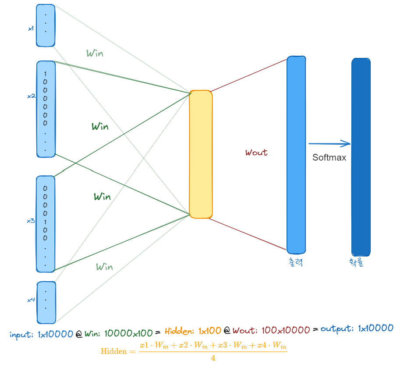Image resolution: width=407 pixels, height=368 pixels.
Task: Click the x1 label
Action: (31, 29)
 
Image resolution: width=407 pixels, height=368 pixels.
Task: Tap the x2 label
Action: (31, 96)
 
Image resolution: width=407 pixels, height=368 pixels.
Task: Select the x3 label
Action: (31, 221)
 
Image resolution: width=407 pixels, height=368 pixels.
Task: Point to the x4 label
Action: (31, 300)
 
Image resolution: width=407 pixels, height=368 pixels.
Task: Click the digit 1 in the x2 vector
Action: (45, 74)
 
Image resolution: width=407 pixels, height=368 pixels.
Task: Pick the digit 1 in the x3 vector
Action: (45, 222)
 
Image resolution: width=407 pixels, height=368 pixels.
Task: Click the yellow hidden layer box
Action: (201, 154)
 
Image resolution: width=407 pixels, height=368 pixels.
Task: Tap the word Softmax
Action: (329, 157)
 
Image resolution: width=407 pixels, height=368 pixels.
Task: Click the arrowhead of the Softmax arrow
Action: (347, 143)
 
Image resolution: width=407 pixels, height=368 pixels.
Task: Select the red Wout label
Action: (256, 152)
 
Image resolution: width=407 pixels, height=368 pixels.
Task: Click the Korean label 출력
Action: (296, 262)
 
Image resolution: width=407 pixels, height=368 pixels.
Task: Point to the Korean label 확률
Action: (356, 262)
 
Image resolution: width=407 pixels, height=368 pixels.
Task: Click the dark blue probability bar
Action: (361, 157)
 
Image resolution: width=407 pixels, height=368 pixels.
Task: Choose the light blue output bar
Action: (296, 155)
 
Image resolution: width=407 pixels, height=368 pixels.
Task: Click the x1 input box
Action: (46, 25)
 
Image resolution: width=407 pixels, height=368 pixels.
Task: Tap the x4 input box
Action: (46, 303)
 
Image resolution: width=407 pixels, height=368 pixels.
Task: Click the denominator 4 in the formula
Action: (213, 358)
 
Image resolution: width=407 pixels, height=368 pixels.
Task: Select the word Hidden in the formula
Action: (114, 351)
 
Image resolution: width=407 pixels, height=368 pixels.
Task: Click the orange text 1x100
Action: (210, 331)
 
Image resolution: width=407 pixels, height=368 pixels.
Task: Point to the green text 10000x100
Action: (128, 333)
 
